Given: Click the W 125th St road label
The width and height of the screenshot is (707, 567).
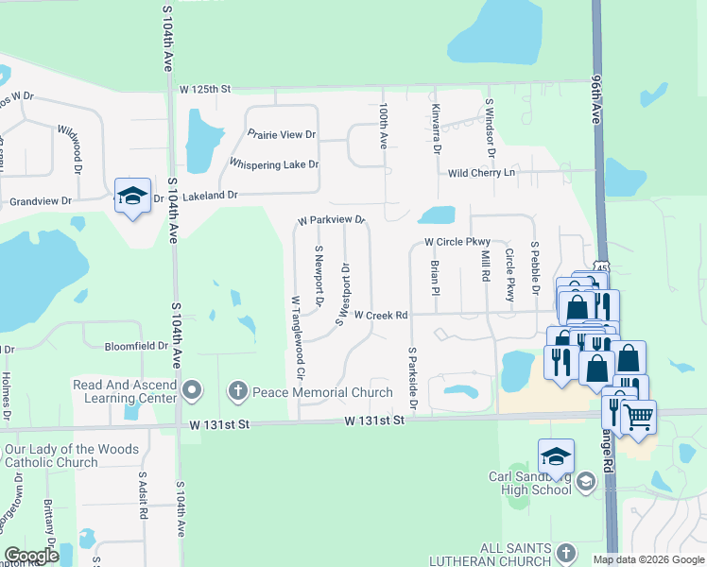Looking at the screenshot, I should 205,89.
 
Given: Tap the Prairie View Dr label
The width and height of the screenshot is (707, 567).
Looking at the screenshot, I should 281,135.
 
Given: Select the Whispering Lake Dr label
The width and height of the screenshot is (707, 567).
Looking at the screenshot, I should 274,164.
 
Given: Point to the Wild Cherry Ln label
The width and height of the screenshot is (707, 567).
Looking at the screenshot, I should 481,173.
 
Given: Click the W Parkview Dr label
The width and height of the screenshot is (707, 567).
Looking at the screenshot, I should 331,220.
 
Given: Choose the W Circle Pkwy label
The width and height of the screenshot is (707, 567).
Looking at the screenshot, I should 457,242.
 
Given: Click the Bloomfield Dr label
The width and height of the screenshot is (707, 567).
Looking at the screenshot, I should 136,347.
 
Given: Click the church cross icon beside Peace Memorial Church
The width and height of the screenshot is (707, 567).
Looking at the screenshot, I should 237,390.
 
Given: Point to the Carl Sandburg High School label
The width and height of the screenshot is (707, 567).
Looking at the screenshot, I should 529,484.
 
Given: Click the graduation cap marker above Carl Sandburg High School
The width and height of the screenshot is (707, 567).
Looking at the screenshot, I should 556,456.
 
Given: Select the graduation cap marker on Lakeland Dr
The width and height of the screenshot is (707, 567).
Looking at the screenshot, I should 132,196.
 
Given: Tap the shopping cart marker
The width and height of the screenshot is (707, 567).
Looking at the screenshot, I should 639,414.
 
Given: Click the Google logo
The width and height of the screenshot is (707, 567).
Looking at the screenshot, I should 31,556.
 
